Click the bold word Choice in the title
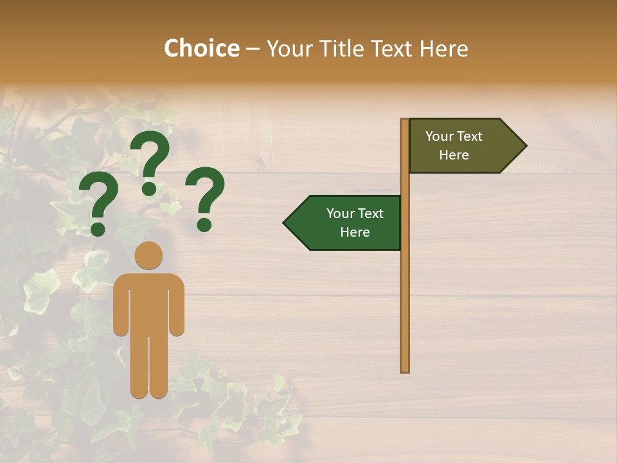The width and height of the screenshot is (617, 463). point(201,48)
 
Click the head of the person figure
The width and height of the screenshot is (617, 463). point(148,255)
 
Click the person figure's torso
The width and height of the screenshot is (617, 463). point(148,302)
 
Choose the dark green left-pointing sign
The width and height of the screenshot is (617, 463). point(347,223)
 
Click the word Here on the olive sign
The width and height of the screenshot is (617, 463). point(454,155)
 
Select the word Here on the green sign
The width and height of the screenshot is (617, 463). point(355,232)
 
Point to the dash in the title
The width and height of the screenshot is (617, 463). point(253,49)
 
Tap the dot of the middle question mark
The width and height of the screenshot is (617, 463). point(149,188)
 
